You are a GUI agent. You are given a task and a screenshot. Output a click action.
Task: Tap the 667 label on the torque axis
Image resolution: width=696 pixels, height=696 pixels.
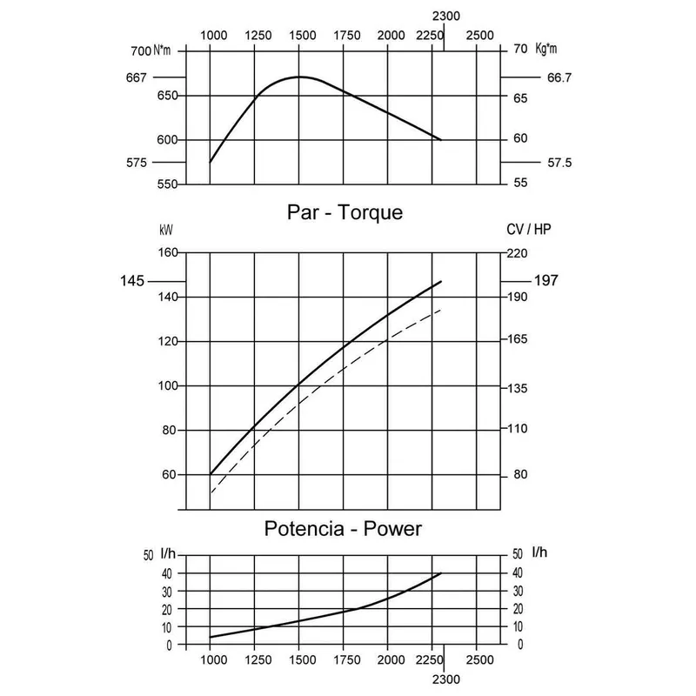coord(136,77)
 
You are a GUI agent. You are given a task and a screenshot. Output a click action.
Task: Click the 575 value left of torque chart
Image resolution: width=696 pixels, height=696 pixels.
coord(137,163)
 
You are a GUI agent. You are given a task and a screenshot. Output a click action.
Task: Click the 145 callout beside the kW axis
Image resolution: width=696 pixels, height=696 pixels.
coord(132,281)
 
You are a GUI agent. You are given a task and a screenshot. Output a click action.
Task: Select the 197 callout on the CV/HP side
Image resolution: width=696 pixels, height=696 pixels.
coord(545,280)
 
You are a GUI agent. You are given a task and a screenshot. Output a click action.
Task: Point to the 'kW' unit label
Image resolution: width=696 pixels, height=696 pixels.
coord(165,231)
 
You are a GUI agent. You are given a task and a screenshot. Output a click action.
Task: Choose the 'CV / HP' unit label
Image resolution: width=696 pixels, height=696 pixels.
coord(528,231)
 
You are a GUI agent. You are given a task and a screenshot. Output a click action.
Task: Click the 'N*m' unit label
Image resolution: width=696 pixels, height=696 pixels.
coord(162,49)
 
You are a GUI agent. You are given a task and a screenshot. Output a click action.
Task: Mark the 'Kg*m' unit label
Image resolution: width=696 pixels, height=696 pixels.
coord(546,49)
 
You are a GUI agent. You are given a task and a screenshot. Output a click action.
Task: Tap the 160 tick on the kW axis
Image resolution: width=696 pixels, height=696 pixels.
coord(167,252)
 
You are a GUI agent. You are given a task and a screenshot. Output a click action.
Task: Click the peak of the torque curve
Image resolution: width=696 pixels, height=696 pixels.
coord(299,77)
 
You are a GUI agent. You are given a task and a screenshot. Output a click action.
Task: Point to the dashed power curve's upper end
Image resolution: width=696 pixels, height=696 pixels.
coord(441,310)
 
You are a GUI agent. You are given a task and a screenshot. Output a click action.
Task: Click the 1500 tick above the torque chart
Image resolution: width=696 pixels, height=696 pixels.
coord(303,35)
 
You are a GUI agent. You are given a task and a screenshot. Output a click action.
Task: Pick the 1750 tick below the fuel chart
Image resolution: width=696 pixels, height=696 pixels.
coord(347,659)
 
